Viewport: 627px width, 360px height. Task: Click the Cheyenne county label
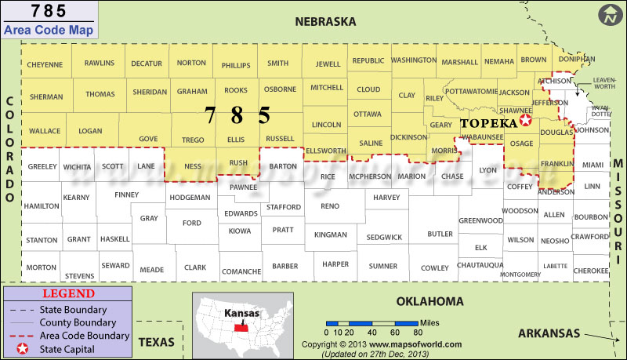pos(45,64)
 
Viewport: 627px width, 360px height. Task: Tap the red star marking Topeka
pos(525,122)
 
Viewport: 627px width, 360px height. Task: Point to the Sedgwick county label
pos(384,237)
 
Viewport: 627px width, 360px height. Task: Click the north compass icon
pos(609,14)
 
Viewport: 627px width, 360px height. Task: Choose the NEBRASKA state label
pos(325,21)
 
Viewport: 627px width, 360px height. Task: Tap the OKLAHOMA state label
pos(429,301)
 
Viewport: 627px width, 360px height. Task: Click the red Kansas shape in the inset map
pos(241,322)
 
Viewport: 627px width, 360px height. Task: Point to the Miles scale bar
pos(371,322)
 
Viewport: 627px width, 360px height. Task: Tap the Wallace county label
pos(45,130)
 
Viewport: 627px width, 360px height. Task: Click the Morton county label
pos(41,267)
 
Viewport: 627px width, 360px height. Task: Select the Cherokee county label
pos(591,270)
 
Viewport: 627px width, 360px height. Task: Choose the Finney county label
pos(127,195)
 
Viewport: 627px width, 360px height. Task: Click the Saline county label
pos(370,144)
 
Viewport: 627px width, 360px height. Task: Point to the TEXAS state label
pos(157,342)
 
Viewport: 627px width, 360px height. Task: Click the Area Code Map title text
pos(48,31)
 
